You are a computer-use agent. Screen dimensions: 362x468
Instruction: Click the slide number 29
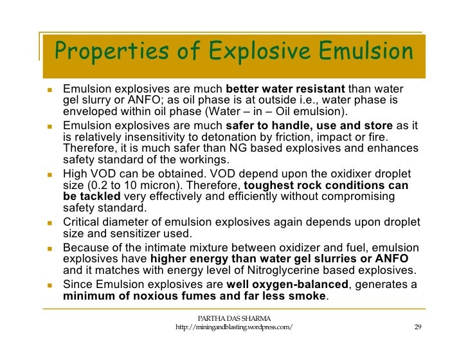pyautogui.click(x=418, y=327)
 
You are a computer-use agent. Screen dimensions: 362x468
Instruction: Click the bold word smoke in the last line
pyautogui.click(x=309, y=296)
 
